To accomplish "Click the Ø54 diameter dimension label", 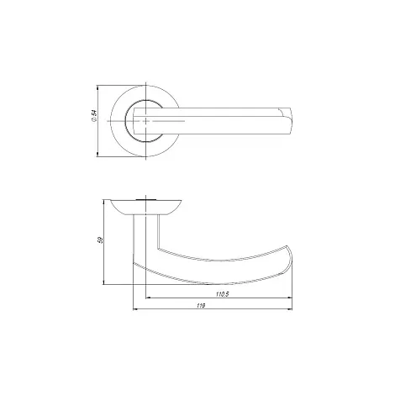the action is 94,116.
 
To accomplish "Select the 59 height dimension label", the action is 100,240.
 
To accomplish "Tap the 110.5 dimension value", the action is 223,294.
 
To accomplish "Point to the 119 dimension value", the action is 201,306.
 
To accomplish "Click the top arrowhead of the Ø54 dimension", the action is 97,87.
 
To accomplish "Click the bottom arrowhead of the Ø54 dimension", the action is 97,154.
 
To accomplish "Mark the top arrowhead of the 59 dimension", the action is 104,203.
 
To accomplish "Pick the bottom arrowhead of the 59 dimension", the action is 104,282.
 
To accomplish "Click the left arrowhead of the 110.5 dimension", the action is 149,298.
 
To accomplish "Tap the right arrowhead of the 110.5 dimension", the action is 290,298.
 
